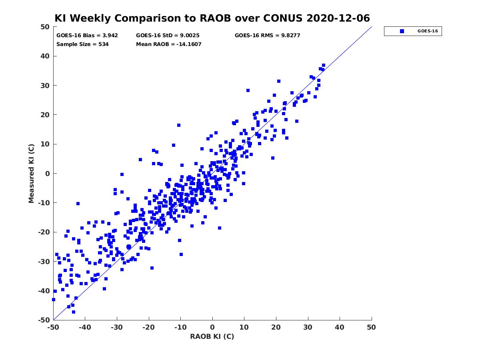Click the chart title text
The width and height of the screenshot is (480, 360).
[x=212, y=18]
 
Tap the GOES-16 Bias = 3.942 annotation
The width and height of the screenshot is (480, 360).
[x=87, y=36]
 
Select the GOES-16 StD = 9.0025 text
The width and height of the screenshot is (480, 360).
[x=168, y=36]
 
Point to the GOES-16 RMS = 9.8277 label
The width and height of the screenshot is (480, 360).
[x=268, y=36]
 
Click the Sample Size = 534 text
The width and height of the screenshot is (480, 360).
[x=82, y=44]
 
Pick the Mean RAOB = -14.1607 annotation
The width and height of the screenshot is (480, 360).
[x=169, y=44]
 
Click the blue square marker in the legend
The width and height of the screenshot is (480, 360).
[x=402, y=31]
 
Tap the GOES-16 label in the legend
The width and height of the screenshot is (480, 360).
[x=428, y=31]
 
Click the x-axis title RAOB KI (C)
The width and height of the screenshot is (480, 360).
[x=212, y=336]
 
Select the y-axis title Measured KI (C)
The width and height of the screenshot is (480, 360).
[x=31, y=173]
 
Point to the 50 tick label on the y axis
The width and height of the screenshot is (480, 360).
[x=45, y=27]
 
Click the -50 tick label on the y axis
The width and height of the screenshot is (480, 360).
[x=44, y=320]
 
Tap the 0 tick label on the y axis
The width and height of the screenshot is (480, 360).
[x=48, y=174]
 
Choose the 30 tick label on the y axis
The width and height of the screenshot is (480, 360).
[x=45, y=86]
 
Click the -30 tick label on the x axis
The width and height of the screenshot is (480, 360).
[x=117, y=327]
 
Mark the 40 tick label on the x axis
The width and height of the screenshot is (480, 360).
[x=340, y=327]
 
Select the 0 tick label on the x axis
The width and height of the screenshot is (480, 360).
[x=212, y=327]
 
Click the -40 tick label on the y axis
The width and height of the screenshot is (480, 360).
[x=44, y=291]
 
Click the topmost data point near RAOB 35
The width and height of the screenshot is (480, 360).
[x=324, y=65]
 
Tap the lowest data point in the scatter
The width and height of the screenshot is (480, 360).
[x=74, y=312]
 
